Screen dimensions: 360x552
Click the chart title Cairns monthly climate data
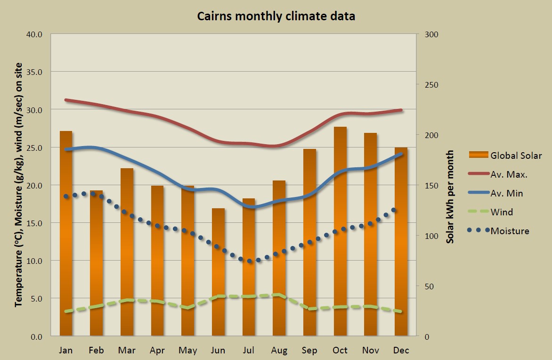pos(276,16)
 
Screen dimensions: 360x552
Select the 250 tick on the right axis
pos(432,85)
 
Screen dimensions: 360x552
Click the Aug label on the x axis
pos(279,351)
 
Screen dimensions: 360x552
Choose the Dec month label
pos(401,351)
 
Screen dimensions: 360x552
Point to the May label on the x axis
pos(187,351)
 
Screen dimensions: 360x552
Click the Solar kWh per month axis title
pos(450,197)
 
